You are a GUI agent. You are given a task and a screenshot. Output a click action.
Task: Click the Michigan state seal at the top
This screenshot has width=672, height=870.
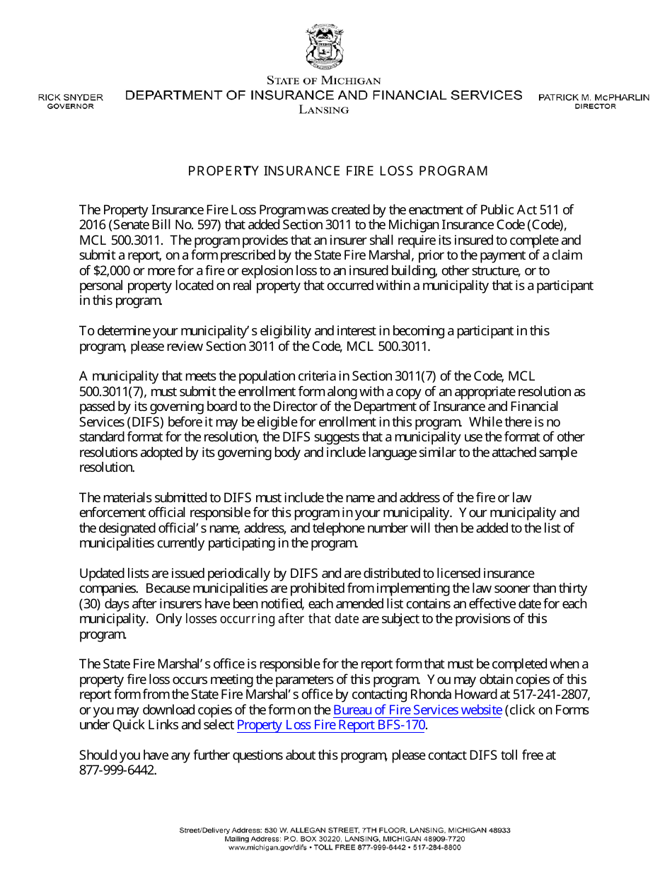click(324, 47)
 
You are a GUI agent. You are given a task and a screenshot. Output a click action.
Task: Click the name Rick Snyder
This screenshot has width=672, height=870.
click(70, 97)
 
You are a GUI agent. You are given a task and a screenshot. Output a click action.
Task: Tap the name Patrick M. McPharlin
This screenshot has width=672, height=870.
click(593, 97)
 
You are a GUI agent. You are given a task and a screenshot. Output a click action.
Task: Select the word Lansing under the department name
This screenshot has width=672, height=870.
click(323, 110)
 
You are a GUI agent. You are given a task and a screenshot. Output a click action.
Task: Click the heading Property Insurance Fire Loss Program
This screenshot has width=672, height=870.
click(337, 171)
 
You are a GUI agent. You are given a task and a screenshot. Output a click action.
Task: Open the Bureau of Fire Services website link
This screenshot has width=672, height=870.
click(417, 710)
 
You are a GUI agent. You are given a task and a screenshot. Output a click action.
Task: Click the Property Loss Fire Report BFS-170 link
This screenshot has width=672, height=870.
click(332, 725)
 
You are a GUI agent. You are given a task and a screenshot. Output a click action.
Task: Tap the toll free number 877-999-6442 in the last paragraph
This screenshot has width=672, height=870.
click(117, 770)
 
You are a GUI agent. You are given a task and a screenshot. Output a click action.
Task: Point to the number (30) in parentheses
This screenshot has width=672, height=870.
click(89, 604)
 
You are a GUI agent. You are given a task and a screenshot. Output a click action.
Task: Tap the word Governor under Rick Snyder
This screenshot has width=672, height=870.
click(70, 107)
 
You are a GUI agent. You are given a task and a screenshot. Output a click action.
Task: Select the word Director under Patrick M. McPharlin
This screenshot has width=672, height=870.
click(595, 107)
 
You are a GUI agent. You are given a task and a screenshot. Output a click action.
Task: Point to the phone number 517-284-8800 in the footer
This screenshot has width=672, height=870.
click(439, 847)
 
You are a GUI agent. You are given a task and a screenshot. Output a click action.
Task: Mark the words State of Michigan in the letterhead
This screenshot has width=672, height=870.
click(323, 81)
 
